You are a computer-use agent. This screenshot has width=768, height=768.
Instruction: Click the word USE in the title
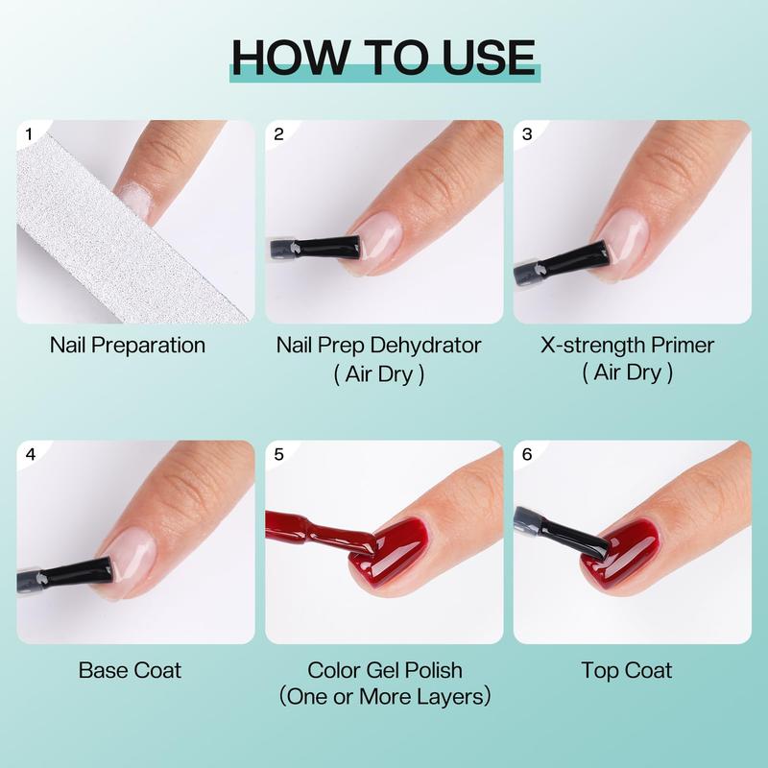tap(489, 58)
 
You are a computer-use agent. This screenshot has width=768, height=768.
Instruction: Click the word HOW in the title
tap(291, 58)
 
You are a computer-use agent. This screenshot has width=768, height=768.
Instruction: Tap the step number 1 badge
tap(29, 133)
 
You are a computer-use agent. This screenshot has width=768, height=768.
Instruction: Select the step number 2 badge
tap(278, 133)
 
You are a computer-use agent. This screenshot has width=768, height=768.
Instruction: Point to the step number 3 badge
tap(527, 133)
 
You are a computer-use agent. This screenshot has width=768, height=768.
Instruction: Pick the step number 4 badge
tap(31, 454)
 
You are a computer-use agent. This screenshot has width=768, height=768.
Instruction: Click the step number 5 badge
tap(278, 454)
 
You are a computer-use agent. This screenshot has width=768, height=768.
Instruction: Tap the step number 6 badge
tap(527, 454)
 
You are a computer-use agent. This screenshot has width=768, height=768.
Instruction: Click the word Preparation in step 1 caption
tap(148, 346)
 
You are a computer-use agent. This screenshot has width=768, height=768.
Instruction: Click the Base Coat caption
tap(130, 670)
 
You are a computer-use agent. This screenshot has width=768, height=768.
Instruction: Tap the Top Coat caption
tap(627, 670)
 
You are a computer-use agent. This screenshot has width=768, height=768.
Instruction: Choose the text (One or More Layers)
tap(385, 697)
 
